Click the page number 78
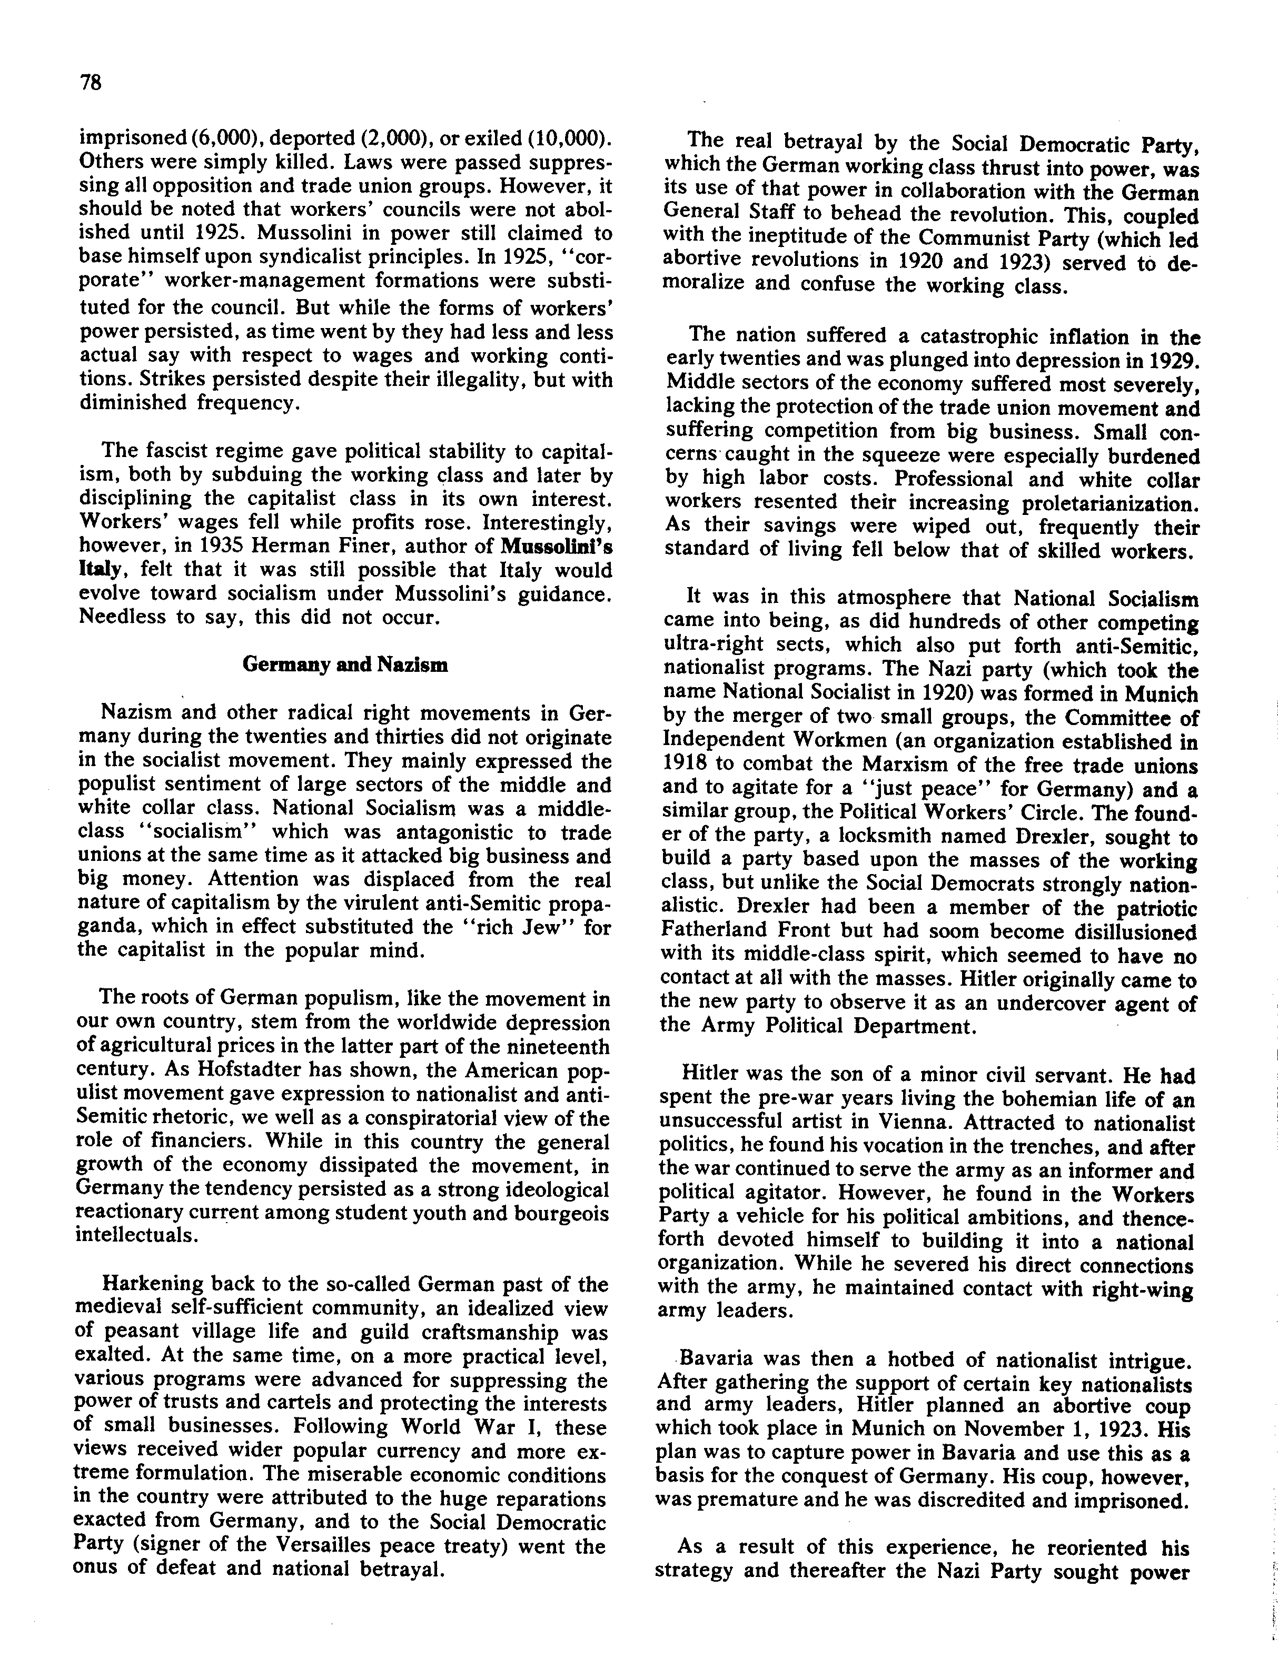[x=90, y=83]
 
